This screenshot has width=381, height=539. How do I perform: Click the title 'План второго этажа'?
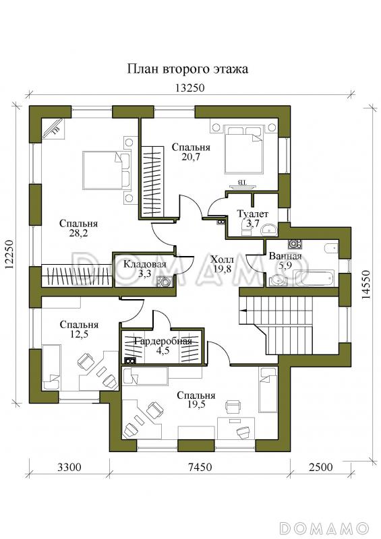pos(187,69)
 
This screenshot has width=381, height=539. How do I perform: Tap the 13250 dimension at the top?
pos(189,88)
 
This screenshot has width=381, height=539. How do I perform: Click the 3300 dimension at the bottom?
pos(69,467)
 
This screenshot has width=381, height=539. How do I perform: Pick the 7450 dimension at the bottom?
pos(200,467)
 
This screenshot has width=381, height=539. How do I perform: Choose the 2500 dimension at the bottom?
pos(320,467)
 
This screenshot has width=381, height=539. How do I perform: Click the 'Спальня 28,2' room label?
pos(78,228)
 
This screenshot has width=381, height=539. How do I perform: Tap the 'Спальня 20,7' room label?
pos(191,152)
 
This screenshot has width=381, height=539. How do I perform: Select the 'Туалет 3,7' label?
pos(252,218)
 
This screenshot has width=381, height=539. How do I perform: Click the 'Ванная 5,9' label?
pos(285,261)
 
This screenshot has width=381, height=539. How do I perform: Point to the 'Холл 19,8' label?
pos(222,263)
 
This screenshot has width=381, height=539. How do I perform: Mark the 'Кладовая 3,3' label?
pos(144,269)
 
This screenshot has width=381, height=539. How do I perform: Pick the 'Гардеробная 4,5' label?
pos(163,346)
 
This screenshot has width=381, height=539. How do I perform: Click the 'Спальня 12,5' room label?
pos(79,329)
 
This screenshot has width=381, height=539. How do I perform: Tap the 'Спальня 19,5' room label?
pos(196,400)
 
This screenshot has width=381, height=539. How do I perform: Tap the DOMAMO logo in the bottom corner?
pos(324,528)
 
